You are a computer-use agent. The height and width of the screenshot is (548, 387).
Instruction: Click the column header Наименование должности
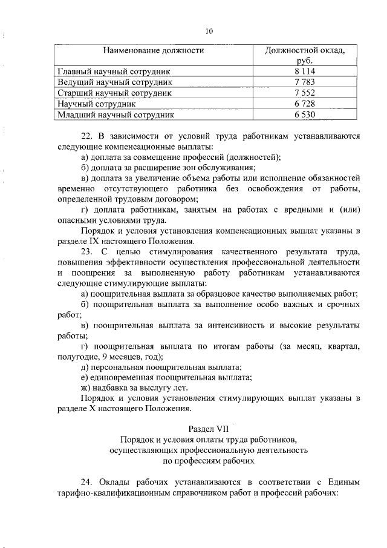coord(153,50)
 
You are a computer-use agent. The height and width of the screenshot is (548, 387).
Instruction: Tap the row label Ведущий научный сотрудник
coord(115,82)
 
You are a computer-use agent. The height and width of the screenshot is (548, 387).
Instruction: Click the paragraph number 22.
coord(86,136)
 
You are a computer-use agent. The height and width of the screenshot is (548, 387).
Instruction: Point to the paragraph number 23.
coord(86,251)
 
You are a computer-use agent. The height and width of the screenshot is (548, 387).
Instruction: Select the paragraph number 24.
coord(86,481)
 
